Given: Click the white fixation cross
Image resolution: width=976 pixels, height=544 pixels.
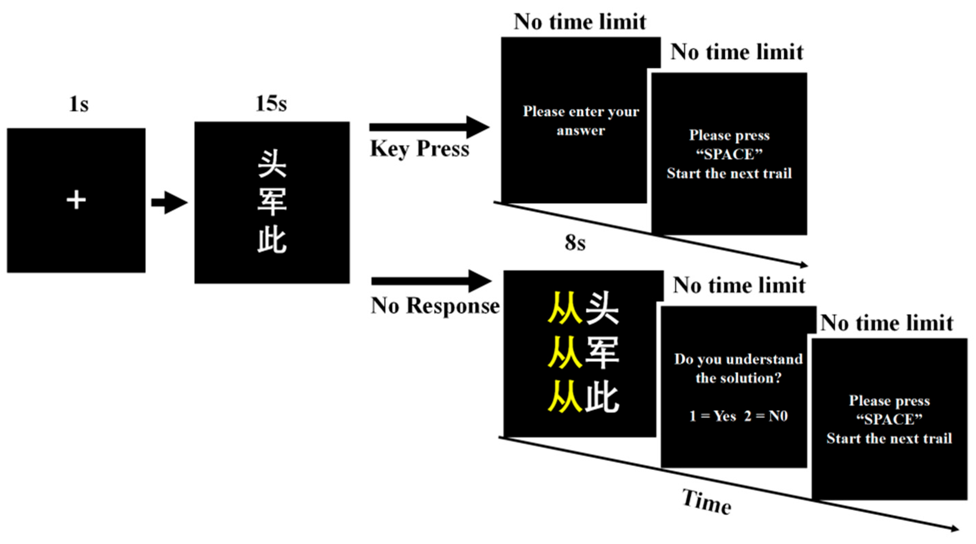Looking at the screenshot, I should (76, 200).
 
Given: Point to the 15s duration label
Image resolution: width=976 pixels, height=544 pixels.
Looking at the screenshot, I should (271, 103).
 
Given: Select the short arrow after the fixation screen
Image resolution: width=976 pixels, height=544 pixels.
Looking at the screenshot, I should (169, 203).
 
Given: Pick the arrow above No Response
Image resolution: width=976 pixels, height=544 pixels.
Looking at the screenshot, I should (431, 281).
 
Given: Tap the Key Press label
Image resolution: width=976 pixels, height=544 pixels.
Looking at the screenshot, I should (419, 148).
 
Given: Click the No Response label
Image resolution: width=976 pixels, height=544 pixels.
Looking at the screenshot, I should (435, 305).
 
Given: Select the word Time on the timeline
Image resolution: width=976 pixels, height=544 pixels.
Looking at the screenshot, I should (707, 502).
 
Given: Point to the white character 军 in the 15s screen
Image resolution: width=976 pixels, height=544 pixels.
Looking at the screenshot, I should (272, 202).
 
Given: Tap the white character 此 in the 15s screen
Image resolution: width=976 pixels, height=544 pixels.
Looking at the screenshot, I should (272, 240).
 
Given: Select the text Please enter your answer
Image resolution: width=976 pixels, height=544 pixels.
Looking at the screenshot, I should (581, 121).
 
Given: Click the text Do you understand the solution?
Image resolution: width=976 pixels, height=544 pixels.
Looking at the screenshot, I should (738, 368).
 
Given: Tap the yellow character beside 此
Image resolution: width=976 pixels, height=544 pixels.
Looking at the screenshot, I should (564, 396).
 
